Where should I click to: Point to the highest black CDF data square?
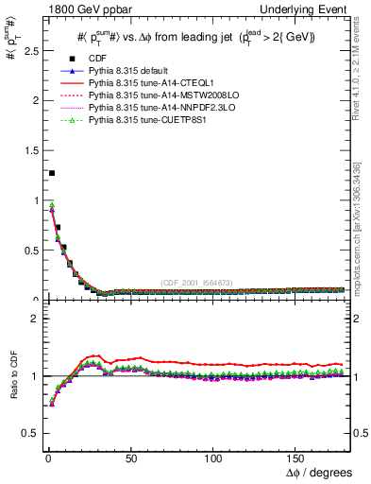click(51, 173)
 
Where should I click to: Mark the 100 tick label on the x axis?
click(213, 458)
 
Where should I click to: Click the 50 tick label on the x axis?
click(130, 458)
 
